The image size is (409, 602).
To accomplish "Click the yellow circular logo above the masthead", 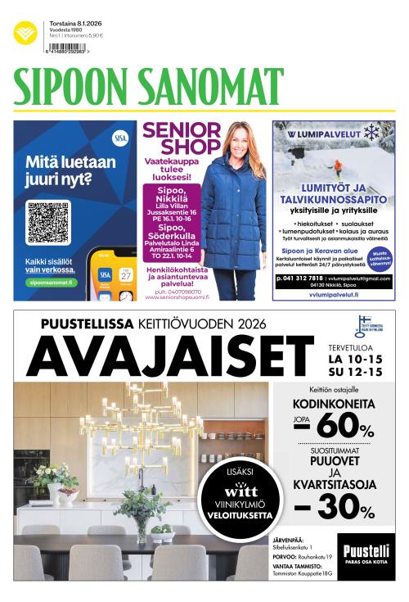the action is pyautogui.click(x=25, y=34).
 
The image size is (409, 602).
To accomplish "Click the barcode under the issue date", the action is pyautogui.click(x=69, y=48).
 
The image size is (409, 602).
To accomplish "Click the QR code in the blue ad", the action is pyautogui.click(x=47, y=220).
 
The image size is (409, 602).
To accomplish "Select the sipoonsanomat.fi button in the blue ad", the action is pyautogui.click(x=50, y=282).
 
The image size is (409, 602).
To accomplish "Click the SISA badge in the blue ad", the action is pyautogui.click(x=121, y=137).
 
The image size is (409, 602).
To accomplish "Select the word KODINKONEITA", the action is pyautogui.click(x=333, y=404).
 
